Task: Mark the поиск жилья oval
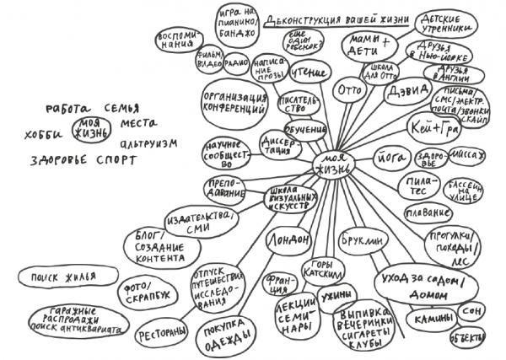pos(56,277)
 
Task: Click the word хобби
pos(45,132)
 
